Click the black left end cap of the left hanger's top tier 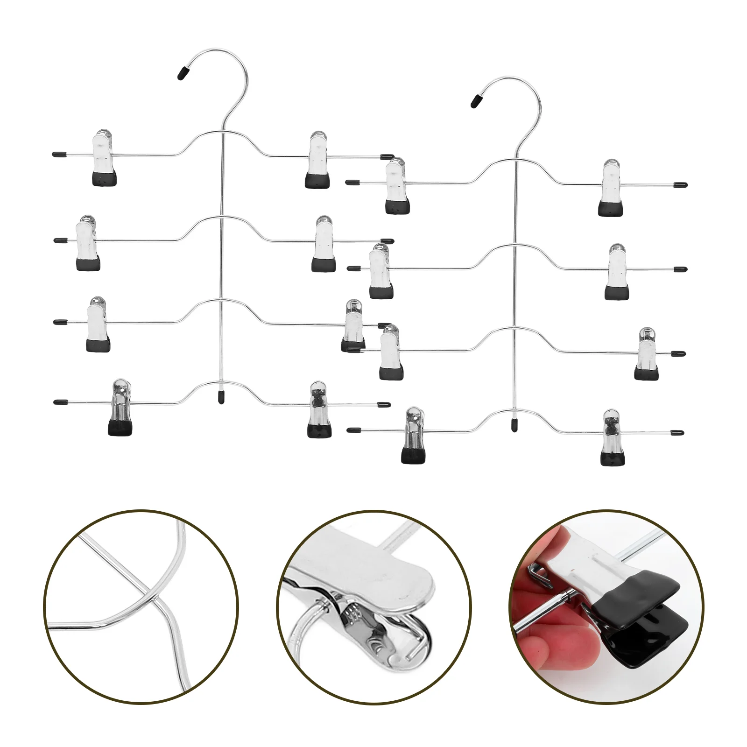coord(58,153)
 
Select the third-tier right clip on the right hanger coord(646,353)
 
